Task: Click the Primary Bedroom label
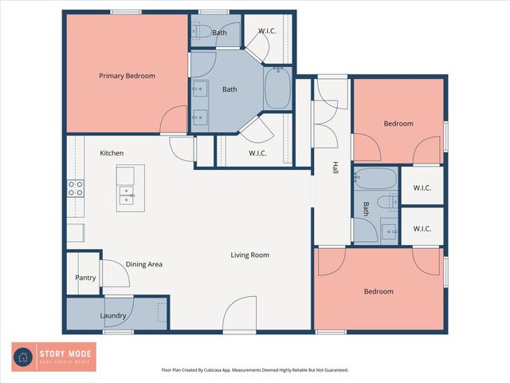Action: tap(127, 76)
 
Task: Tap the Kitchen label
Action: tap(111, 152)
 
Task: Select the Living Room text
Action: tap(249, 255)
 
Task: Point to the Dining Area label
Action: tap(144, 263)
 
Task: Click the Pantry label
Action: tap(85, 278)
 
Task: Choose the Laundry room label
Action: tap(113, 315)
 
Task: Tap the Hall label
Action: tap(335, 169)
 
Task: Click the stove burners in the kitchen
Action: tap(76, 188)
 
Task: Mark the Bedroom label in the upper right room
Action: tap(398, 124)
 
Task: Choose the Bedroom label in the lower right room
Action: tap(379, 291)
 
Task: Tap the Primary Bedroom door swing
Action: tap(174, 120)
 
